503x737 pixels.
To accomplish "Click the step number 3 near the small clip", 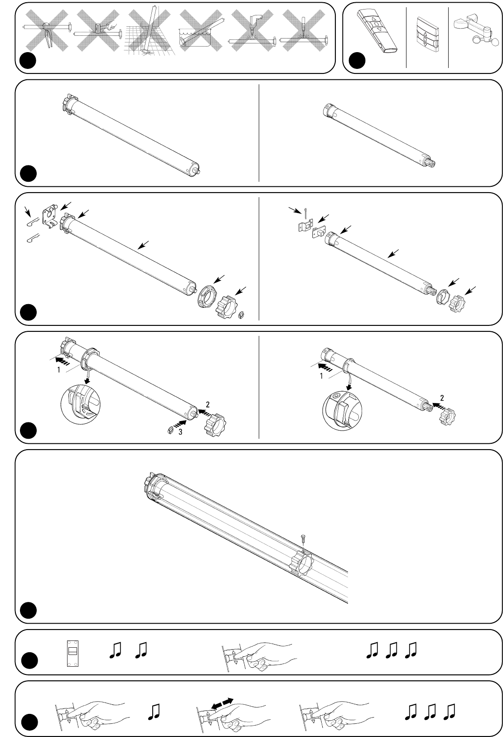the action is point(180,432).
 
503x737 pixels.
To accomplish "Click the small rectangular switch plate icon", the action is point(72,654).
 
